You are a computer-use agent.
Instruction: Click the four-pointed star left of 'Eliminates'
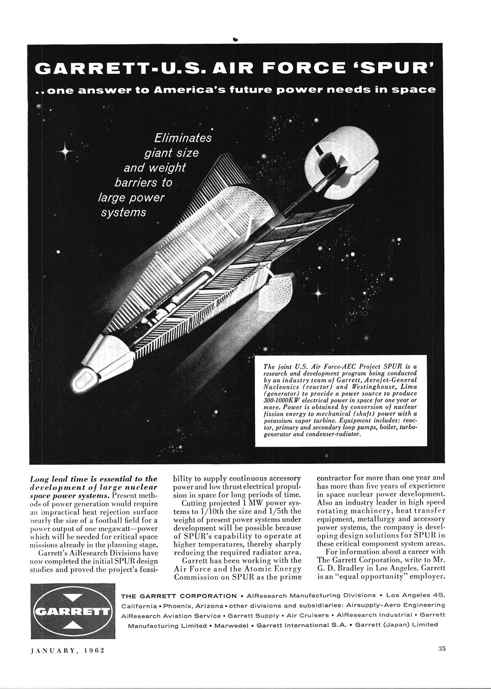66,150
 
